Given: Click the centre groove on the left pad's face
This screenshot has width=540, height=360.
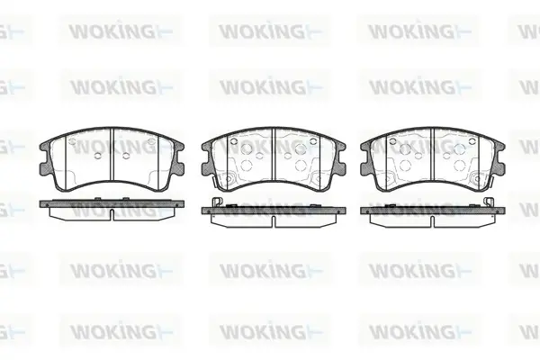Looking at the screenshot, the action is pos(112,154).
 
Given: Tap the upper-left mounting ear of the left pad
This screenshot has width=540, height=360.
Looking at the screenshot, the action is pos(45,147).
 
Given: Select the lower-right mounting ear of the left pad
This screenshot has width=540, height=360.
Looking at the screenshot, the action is pos(178,169).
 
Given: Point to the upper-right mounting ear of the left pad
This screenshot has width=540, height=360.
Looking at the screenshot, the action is pos(178,147).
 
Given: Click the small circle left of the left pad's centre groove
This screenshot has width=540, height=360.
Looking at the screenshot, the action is pos(97,156).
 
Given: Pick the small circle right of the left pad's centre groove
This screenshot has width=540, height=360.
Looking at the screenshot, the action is pos(126,156).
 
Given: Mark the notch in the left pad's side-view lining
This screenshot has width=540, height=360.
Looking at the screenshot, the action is pos(112,214).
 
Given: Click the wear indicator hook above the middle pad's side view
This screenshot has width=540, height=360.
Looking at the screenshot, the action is pos(216,202).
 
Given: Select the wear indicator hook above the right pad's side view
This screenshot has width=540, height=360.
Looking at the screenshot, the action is pos(489,202).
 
